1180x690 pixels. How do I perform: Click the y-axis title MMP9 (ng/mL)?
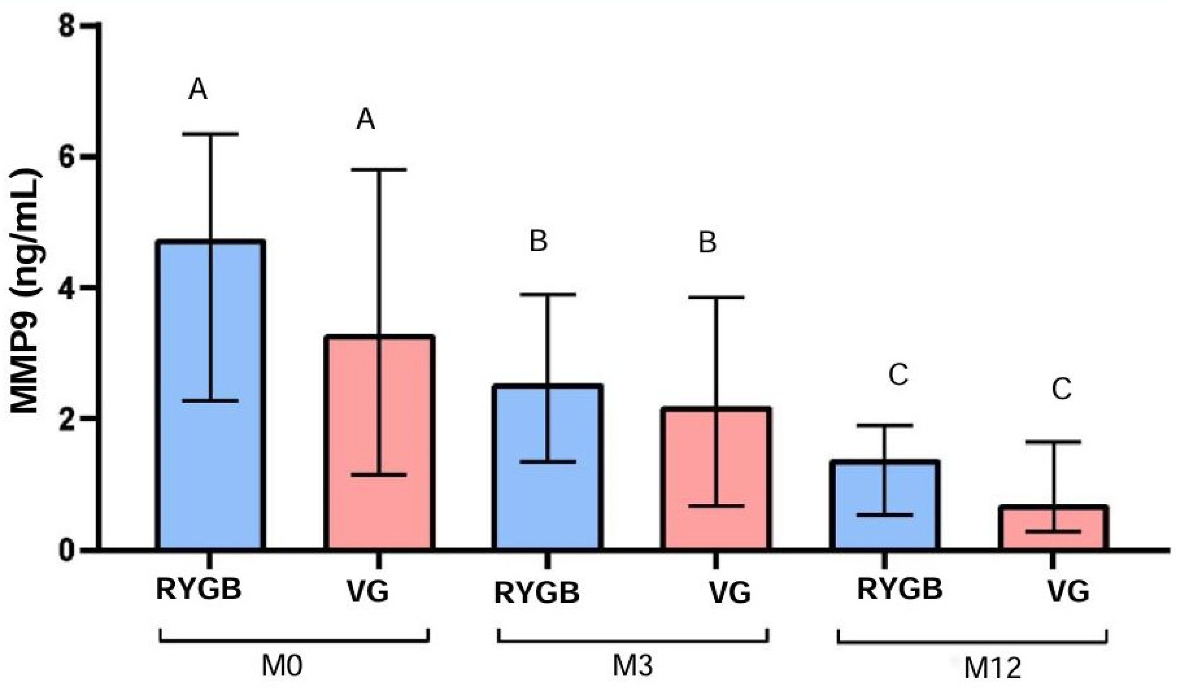tap(26, 291)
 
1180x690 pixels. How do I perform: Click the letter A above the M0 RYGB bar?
tap(198, 90)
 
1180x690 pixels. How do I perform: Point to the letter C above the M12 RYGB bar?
tap(898, 376)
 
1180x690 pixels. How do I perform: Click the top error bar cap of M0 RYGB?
tap(211, 134)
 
